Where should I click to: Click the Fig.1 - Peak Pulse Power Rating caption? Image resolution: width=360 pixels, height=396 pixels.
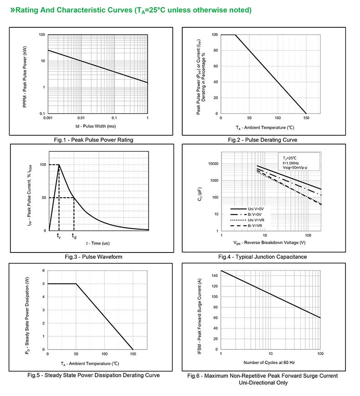coord(93,140)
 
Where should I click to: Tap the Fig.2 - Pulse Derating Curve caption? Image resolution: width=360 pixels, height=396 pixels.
coord(263,140)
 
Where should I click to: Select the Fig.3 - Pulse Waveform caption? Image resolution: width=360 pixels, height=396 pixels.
coord(93,257)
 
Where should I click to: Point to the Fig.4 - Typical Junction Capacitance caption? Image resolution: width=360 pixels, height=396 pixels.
coord(262,257)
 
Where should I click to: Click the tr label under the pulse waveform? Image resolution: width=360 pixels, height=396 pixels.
coord(59,236)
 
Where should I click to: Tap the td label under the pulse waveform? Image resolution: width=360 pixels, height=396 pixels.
coord(74,236)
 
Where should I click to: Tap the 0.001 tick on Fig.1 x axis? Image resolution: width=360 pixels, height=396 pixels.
coord(48,118)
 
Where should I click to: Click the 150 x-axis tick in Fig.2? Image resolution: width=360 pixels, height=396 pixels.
coord(306,118)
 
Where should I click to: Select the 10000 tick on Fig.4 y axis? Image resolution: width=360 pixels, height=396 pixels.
coord(212,164)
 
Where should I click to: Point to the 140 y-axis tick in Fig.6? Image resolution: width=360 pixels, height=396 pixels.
coord(214,276)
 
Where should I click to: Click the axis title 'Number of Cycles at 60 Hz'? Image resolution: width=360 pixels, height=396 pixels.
coord(270,362)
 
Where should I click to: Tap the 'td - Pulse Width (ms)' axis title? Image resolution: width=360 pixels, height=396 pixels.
coord(96,126)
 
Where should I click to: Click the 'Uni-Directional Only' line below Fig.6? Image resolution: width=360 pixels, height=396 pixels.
coord(263,383)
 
